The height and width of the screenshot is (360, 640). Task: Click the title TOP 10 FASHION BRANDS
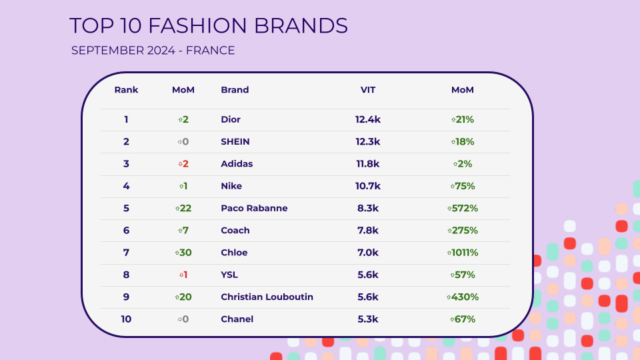coord(209,26)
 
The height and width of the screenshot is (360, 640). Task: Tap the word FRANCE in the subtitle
coord(210,51)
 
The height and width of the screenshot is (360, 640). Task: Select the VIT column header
coord(368,90)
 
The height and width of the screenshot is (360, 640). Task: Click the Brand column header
coord(235,90)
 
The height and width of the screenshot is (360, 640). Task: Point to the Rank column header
coord(126,90)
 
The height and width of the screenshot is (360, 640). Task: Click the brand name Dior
coord(231,119)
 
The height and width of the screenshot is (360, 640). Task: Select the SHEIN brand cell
coord(235,141)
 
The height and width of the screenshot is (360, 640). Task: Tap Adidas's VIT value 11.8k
coord(368,164)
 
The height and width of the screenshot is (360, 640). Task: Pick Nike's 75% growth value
coord(463,186)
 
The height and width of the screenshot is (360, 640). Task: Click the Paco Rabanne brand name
coord(254,208)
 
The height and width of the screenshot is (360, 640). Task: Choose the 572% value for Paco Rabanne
coord(463,208)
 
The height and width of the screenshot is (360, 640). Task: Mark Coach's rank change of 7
coord(183,230)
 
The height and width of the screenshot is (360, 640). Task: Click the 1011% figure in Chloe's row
coord(463,253)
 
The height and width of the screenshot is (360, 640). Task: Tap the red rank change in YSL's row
coord(183,275)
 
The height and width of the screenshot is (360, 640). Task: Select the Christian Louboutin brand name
coord(267,297)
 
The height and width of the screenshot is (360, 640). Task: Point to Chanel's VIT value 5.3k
coord(368,319)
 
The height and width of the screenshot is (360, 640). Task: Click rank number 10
coord(126,319)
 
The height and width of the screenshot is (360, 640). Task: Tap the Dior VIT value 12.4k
coord(368,119)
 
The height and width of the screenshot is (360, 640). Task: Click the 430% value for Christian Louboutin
coord(463,297)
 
